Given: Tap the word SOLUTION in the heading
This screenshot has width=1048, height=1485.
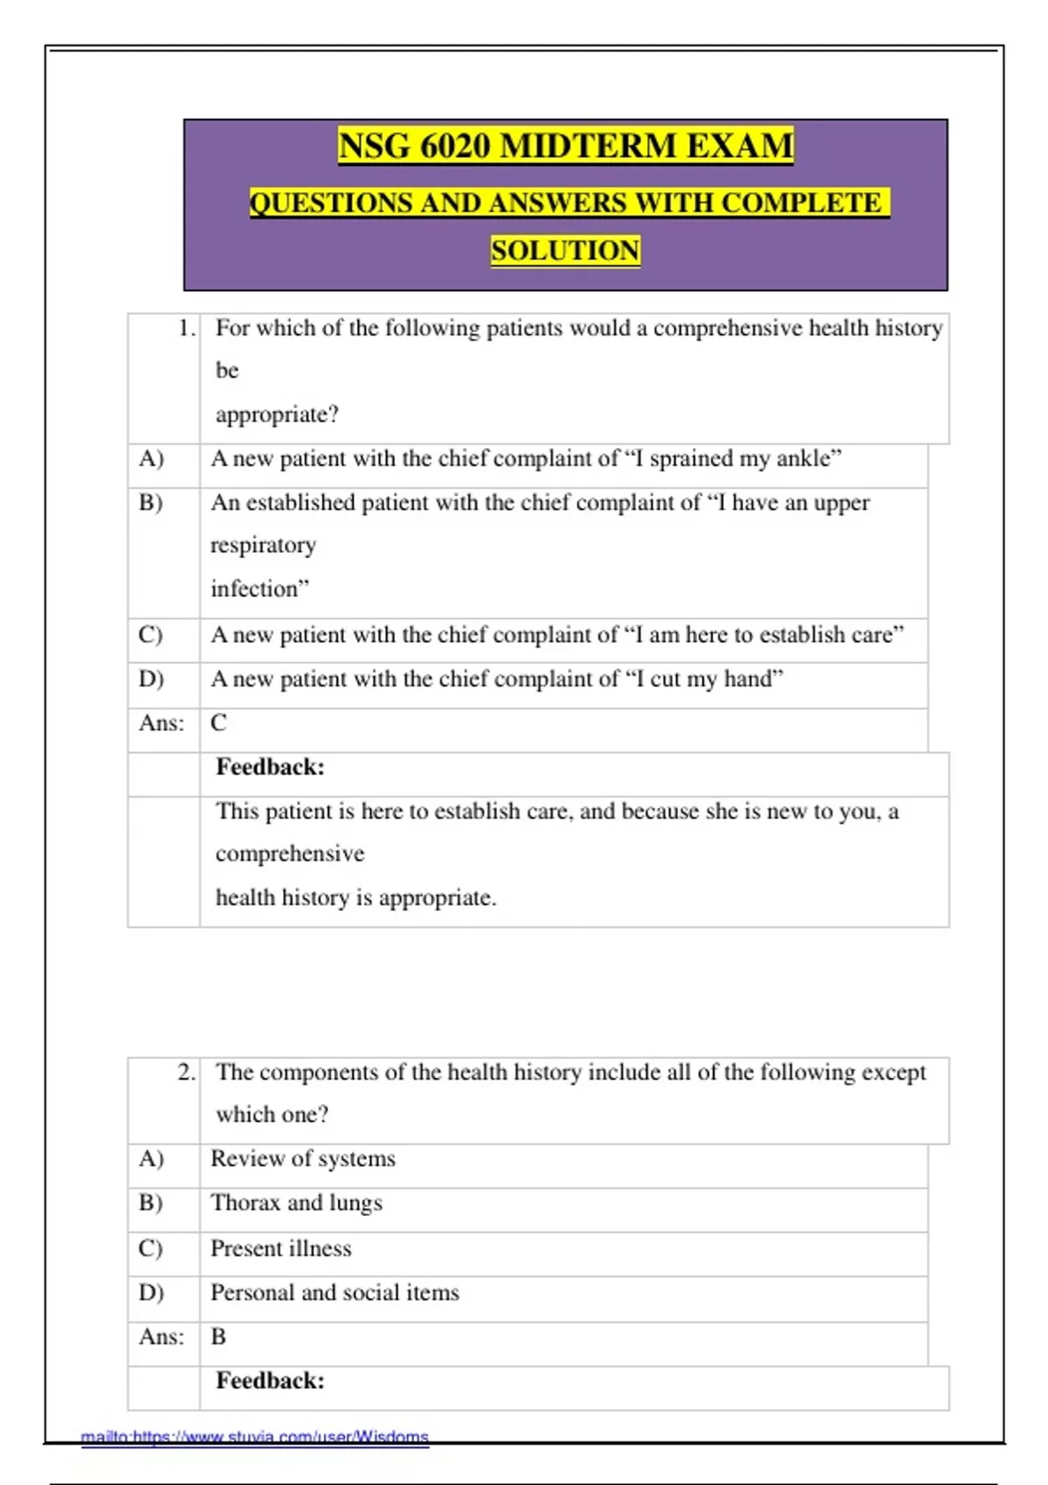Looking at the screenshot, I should [x=565, y=251].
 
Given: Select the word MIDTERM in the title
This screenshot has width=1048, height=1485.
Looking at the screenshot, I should [x=589, y=146].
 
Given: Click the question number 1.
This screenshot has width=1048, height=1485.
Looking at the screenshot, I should [x=186, y=328].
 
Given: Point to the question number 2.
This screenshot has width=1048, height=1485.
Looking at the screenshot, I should [x=186, y=1072].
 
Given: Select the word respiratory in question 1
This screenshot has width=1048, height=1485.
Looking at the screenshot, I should [x=263, y=546].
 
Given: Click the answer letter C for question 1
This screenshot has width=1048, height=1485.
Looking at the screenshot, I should [x=218, y=723].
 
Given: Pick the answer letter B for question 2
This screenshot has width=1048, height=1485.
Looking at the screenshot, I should [x=218, y=1336].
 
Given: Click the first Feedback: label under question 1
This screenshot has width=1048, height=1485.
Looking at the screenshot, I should [x=270, y=767].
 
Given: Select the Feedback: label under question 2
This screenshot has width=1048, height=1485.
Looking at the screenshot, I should [x=270, y=1381].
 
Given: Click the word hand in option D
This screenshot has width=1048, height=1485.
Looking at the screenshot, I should [x=754, y=679].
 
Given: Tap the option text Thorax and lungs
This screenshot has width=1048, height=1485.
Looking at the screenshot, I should [x=296, y=1203].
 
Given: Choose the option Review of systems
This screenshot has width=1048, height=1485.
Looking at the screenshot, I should [x=302, y=1159].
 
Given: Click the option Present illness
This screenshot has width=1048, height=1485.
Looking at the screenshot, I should [x=280, y=1248].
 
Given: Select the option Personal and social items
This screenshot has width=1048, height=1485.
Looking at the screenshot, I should [x=334, y=1293].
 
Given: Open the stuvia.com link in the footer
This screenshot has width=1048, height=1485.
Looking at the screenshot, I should [x=255, y=1437].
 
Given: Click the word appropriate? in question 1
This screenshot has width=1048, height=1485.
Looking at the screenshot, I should [x=277, y=415].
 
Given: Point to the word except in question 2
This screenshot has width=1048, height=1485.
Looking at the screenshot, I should [x=893, y=1072].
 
